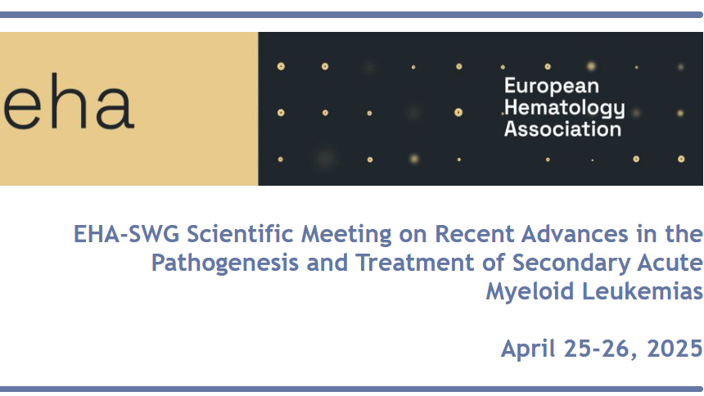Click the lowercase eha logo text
(69, 101)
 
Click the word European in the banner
(552, 86)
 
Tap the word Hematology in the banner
(564, 108)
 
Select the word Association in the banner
(562, 128)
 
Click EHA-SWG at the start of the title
(126, 234)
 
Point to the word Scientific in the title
(240, 234)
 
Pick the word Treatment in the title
(415, 263)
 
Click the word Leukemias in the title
(643, 291)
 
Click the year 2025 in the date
(675, 349)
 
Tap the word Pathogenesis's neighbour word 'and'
(327, 263)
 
